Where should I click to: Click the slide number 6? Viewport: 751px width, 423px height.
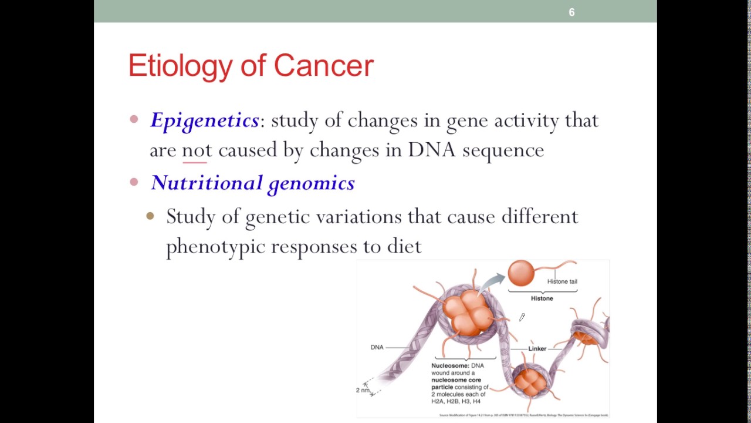[571, 12]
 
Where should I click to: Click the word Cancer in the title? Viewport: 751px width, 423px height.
[323, 65]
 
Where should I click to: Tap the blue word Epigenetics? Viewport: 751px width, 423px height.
[204, 120]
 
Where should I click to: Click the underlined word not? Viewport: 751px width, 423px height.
[197, 150]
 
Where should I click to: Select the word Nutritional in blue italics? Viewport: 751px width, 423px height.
[207, 183]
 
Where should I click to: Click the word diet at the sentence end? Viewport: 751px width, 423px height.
[404, 246]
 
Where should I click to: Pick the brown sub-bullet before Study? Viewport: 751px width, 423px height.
[150, 216]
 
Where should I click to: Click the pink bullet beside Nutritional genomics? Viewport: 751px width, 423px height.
[134, 182]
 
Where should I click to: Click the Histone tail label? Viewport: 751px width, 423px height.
[562, 281]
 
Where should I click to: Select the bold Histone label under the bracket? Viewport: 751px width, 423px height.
[542, 298]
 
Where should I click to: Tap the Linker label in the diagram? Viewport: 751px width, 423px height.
[537, 348]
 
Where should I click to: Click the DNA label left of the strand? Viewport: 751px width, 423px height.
[377, 347]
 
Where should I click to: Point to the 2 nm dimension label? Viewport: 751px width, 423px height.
[363, 390]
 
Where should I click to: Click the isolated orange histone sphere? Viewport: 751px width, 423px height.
[521, 273]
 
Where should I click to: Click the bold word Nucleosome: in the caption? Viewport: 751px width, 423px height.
[450, 365]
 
